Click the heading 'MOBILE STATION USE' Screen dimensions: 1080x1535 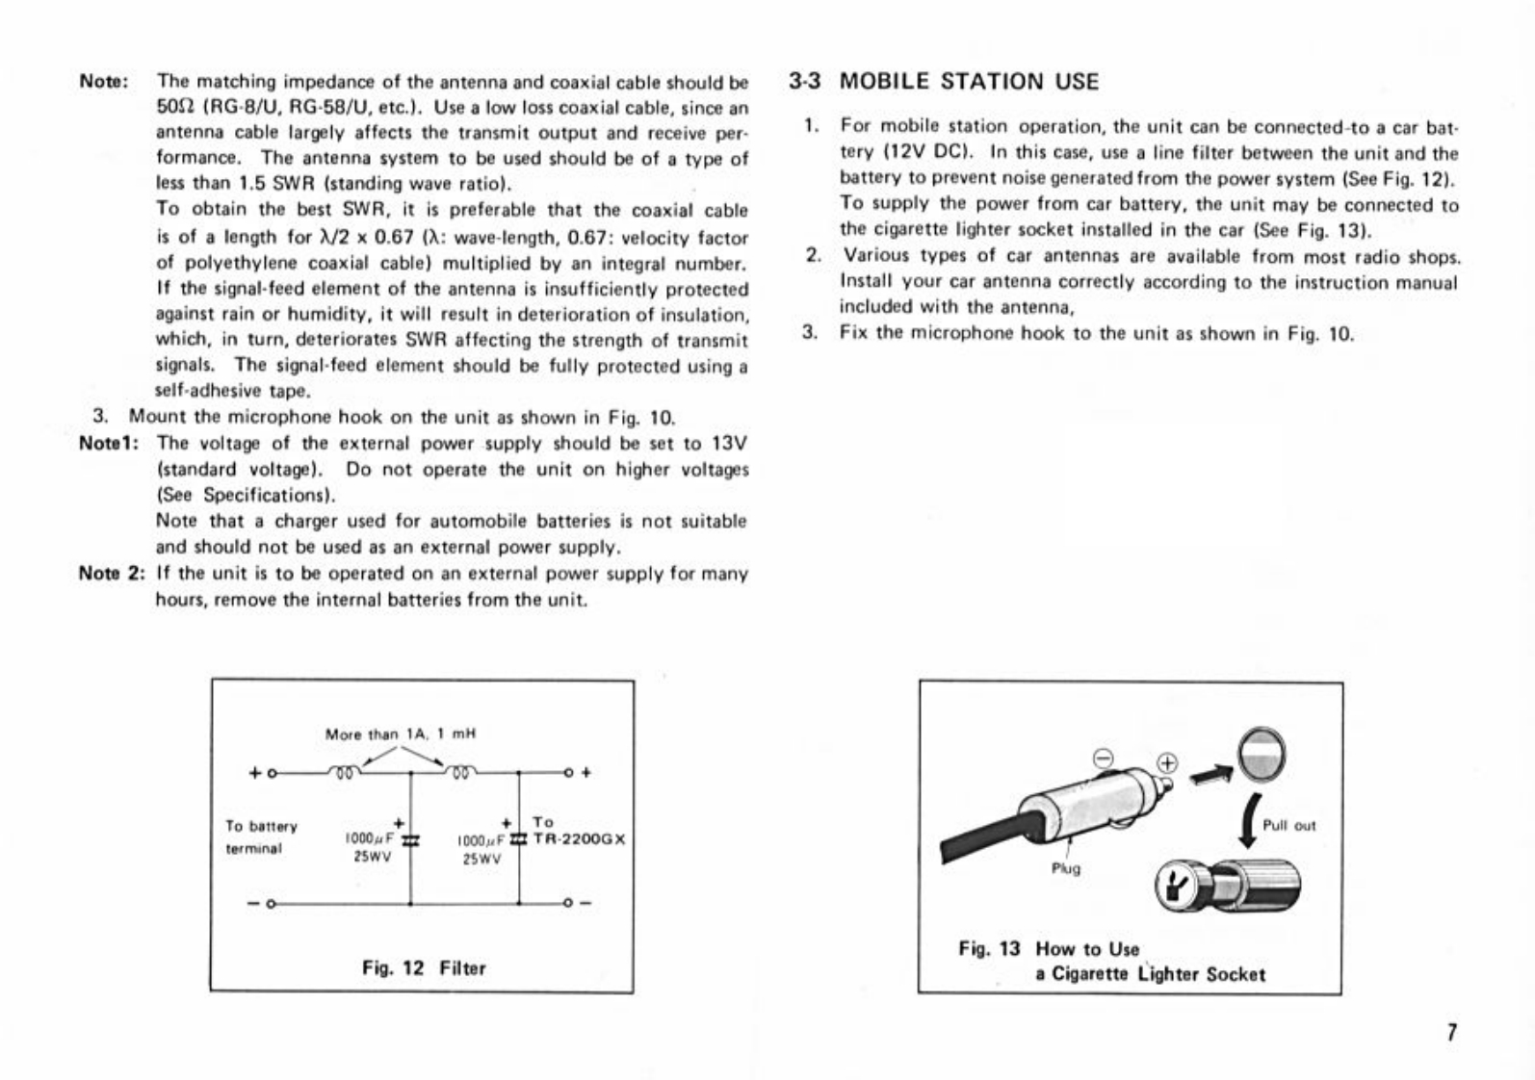coord(968,81)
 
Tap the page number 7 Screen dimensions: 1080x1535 coord(1451,1034)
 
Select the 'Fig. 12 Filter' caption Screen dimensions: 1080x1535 coord(424,967)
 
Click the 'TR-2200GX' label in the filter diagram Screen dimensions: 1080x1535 coord(579,838)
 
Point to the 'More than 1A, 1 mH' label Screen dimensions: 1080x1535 coord(401,733)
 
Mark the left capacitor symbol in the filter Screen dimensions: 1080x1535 coord(410,840)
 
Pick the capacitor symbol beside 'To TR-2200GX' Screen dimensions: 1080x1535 coord(518,840)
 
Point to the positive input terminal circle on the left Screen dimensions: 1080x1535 coord(273,771)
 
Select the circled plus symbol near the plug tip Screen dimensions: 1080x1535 coord(1167,763)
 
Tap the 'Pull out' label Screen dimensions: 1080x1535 coord(1288,826)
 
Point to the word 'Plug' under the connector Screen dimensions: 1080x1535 coord(1066,867)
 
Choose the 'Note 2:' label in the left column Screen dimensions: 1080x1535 coord(112,575)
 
